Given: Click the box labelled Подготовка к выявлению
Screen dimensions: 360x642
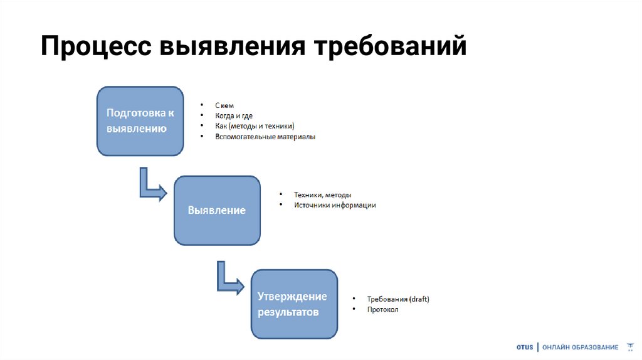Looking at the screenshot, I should [x=140, y=121].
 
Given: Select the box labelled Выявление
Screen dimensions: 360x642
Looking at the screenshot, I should [x=217, y=211].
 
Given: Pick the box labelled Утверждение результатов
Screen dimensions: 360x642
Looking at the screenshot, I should [x=294, y=304].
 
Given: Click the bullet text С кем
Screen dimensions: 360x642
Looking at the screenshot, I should [x=224, y=106].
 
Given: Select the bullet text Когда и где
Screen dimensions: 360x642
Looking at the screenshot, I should [x=234, y=116].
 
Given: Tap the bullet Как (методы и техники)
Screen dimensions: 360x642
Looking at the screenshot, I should [x=254, y=126].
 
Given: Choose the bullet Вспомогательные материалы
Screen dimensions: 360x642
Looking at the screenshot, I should [x=265, y=136].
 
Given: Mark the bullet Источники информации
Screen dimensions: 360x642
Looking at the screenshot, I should [x=335, y=205].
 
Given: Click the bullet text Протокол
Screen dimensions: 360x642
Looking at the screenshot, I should [x=383, y=309].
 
